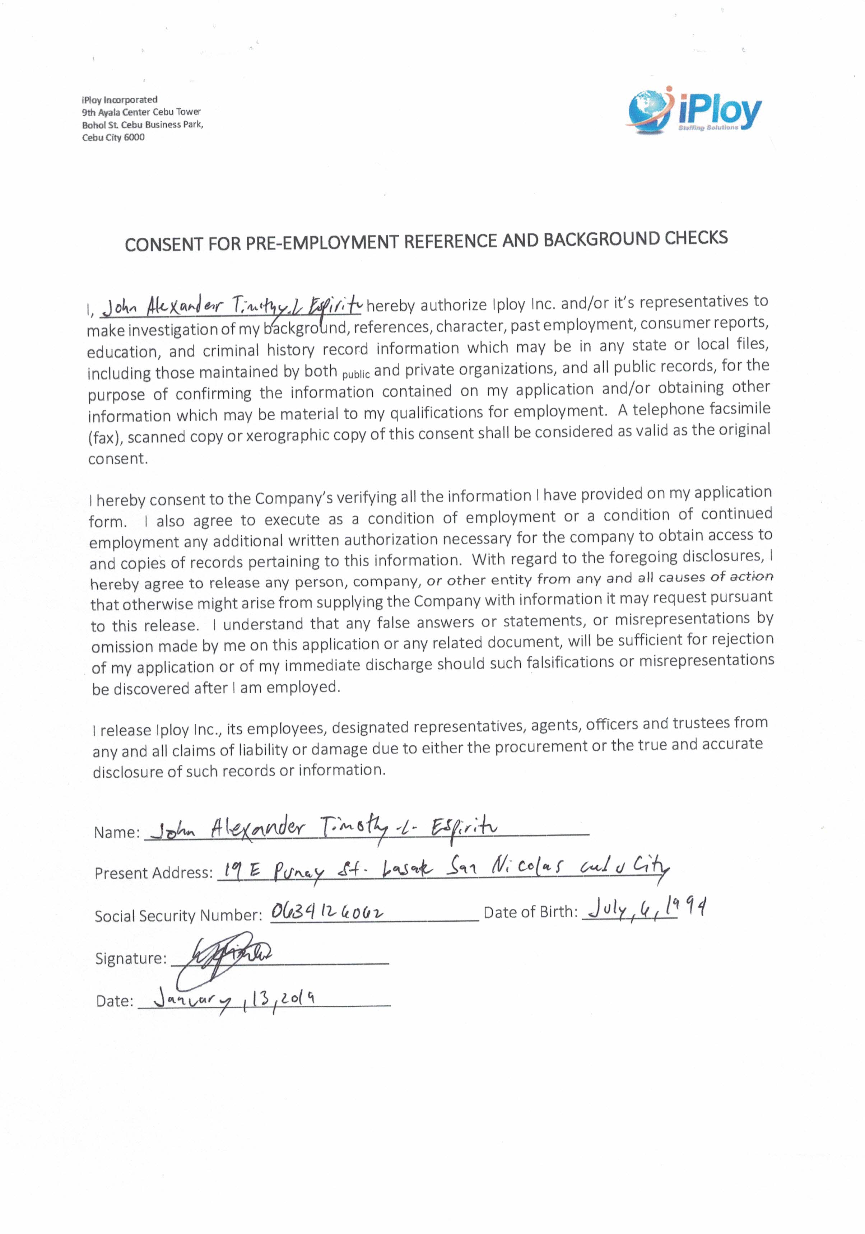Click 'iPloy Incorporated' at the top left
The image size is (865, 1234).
[119, 99]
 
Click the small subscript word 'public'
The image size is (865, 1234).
[356, 374]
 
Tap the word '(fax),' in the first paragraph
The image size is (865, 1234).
[105, 438]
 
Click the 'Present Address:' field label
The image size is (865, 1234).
[154, 873]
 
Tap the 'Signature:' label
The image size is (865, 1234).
[131, 958]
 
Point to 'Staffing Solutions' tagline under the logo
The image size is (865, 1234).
[708, 128]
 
